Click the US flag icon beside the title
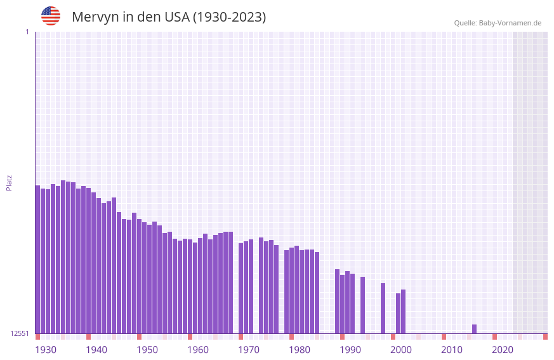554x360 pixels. (x=51, y=16)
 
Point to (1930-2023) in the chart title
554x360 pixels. (x=229, y=17)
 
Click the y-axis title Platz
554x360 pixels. (x=10, y=182)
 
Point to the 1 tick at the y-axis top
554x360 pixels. (x=27, y=32)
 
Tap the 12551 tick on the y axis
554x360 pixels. (x=20, y=333)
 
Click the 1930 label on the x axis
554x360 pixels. (x=46, y=350)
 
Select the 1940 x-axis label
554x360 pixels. (x=96, y=350)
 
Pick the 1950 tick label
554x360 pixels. (x=147, y=350)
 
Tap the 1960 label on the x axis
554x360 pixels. (x=198, y=350)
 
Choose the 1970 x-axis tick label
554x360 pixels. (x=249, y=350)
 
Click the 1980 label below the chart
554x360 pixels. (x=300, y=350)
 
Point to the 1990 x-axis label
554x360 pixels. (x=350, y=350)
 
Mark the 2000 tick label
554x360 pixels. (x=401, y=350)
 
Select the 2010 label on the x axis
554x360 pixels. (x=452, y=350)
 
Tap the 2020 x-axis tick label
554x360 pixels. (x=503, y=350)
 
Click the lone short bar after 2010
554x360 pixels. (x=474, y=329)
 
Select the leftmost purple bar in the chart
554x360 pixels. (x=37, y=259)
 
